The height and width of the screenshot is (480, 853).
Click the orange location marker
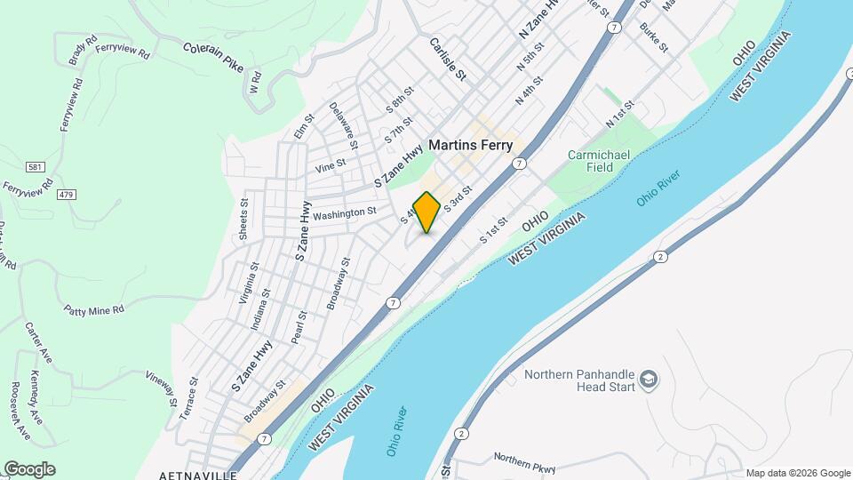[427, 212]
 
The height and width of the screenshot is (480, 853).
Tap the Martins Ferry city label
[471, 144]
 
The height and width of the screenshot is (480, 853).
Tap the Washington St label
[345, 213]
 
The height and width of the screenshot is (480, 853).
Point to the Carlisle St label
[448, 59]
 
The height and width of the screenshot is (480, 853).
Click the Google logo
[29, 469]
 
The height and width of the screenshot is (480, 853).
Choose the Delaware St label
[344, 125]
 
